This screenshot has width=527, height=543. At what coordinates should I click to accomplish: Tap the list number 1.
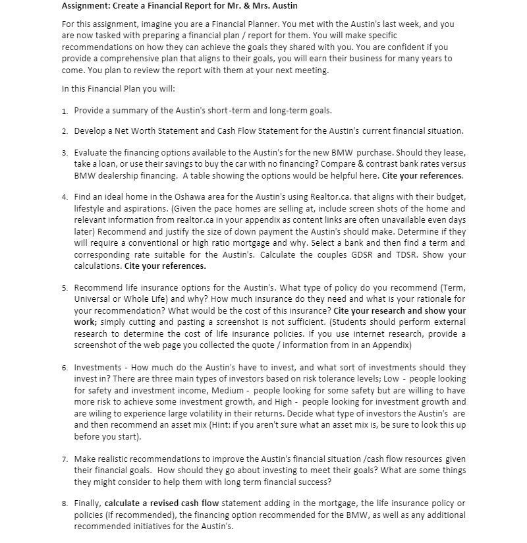65,111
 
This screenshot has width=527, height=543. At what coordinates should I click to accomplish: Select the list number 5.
65,288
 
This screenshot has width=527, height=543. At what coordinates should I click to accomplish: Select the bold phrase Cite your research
372,310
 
